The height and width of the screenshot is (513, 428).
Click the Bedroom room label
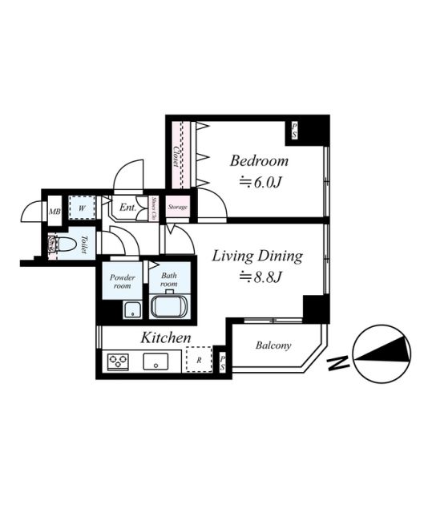point(259,160)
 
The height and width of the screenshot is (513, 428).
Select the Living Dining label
point(256,256)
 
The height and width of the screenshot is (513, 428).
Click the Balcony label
point(273,346)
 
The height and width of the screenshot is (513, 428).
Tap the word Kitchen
point(166,337)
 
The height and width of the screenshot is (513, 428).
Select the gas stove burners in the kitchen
point(118,362)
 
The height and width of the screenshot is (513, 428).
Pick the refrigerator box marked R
point(198,361)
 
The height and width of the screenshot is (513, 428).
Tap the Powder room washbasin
point(129,310)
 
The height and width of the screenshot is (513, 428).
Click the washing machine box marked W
point(79,207)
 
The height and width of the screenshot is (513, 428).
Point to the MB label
point(55,212)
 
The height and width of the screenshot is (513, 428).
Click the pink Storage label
point(178,208)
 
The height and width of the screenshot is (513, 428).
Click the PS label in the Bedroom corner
point(294,129)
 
